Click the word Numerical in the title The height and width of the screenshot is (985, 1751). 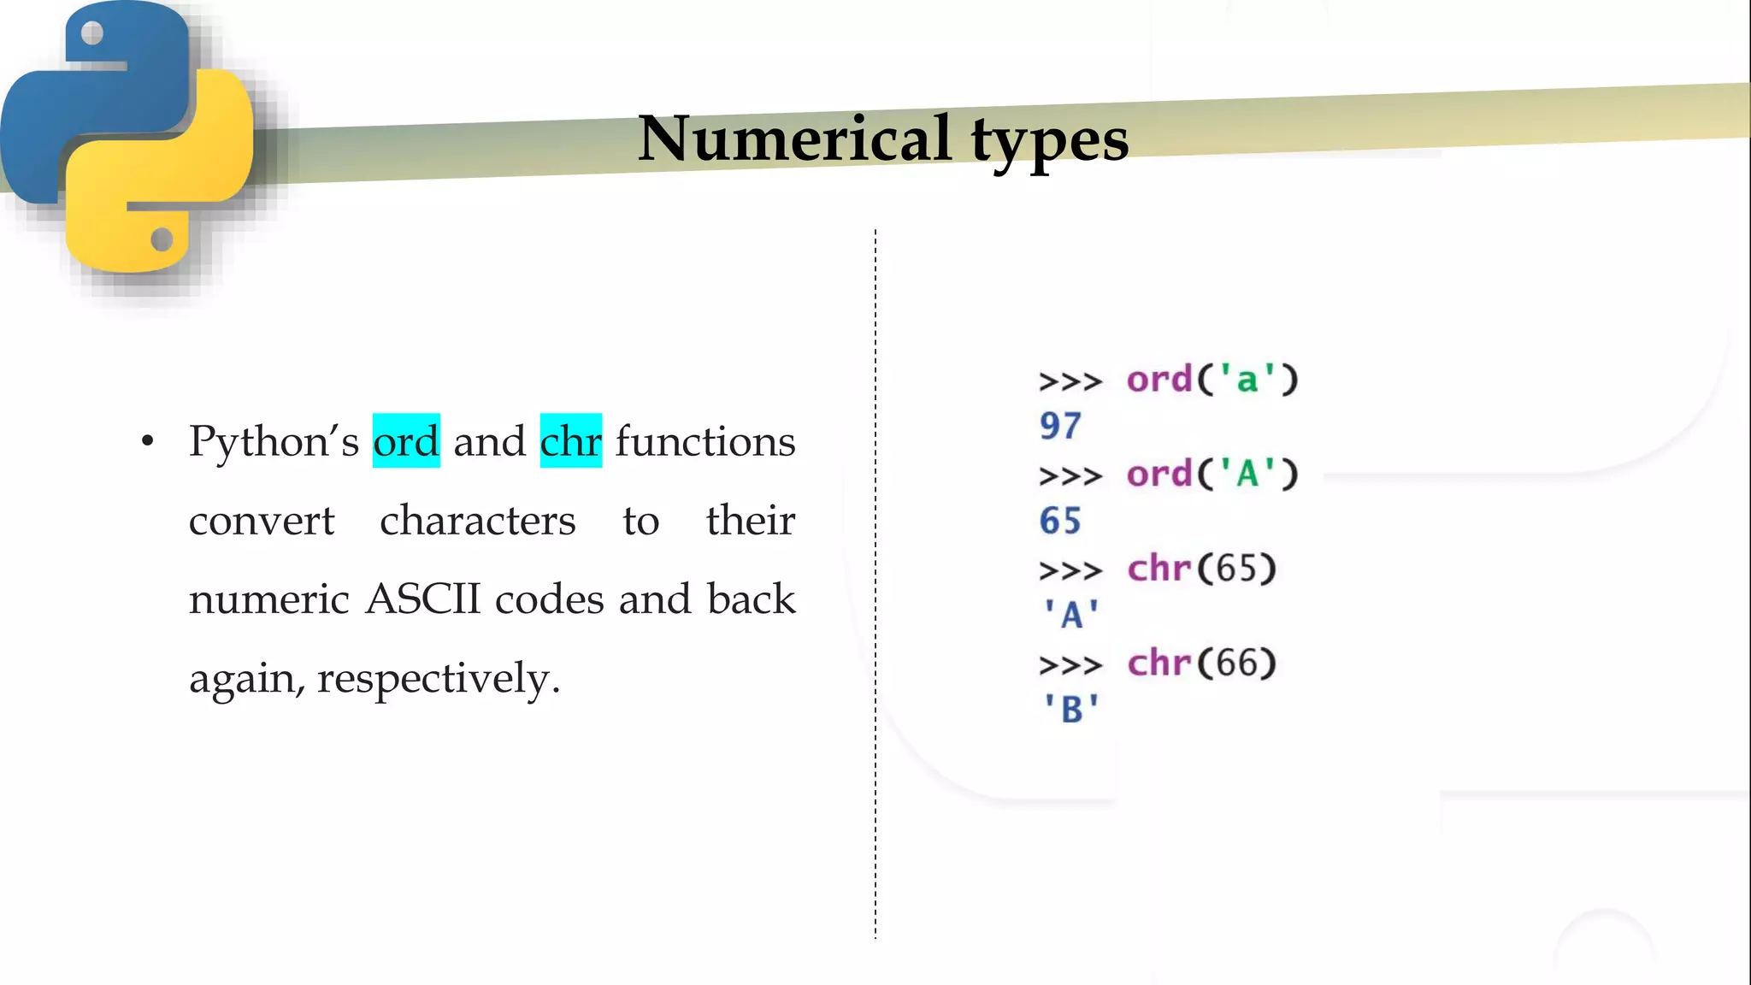click(794, 139)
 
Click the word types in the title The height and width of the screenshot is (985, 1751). click(1050, 141)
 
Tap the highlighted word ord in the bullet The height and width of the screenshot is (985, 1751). click(406, 441)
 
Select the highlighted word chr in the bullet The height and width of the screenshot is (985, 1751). click(570, 441)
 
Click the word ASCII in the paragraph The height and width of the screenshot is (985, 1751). click(423, 599)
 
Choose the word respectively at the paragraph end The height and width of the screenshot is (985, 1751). click(438, 680)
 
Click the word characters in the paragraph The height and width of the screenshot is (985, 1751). click(477, 521)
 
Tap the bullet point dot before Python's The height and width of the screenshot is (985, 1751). click(148, 441)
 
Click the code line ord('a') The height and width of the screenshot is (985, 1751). click(1212, 380)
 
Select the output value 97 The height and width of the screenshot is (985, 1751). click(1060, 426)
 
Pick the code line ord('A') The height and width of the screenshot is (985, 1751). click(1212, 474)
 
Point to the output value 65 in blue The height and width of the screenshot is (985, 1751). click(1060, 521)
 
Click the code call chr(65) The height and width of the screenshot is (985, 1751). click(1201, 569)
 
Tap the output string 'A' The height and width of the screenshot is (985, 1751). click(1070, 615)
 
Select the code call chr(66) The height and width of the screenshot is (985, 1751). click(1201, 664)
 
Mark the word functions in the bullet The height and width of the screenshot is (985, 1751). click(705, 441)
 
